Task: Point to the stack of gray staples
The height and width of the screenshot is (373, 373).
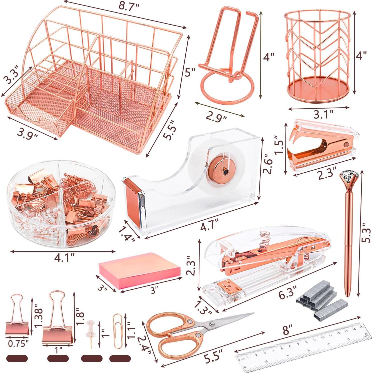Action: [322, 300]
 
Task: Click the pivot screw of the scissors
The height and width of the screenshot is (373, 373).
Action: [212, 324]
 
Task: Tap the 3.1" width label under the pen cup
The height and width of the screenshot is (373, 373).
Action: [323, 115]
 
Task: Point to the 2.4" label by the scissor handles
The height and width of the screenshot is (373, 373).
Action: [144, 344]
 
